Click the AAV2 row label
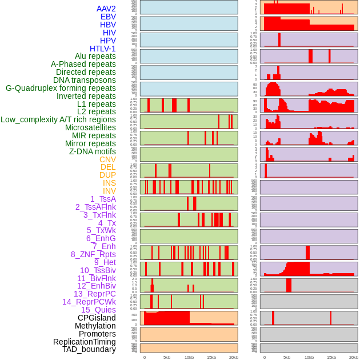(106, 9)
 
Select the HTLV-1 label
(102, 49)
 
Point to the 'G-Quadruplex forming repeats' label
(61, 88)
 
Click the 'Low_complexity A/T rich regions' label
(58, 119)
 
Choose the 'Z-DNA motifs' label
(92, 151)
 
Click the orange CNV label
(107, 159)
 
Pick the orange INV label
(109, 191)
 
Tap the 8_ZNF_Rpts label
(93, 254)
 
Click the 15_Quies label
(98, 310)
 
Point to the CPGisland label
(97, 318)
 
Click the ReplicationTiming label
(84, 342)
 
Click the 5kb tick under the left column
(167, 358)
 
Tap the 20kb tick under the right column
(354, 358)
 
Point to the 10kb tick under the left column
(189, 358)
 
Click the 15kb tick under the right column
(331, 358)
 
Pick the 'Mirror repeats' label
(90, 143)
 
